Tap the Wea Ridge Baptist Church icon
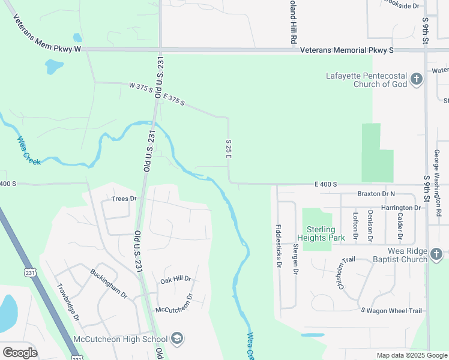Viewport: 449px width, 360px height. (436, 255)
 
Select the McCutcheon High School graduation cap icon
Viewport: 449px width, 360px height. (177, 339)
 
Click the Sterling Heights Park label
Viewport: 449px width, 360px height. (325, 233)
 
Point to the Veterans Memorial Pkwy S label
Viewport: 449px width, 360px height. (346, 51)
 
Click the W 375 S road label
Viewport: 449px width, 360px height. (141, 88)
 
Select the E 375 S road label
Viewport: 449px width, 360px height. (173, 98)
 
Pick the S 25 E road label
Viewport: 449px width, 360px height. (229, 148)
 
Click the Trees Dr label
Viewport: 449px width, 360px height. (124, 199)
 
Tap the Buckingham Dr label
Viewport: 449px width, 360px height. (109, 283)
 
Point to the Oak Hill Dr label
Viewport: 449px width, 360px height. (175, 280)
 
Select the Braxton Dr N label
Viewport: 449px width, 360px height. (376, 194)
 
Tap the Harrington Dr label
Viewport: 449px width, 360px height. (400, 208)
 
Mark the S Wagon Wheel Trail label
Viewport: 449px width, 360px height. (391, 310)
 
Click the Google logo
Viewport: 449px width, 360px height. (20, 352)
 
